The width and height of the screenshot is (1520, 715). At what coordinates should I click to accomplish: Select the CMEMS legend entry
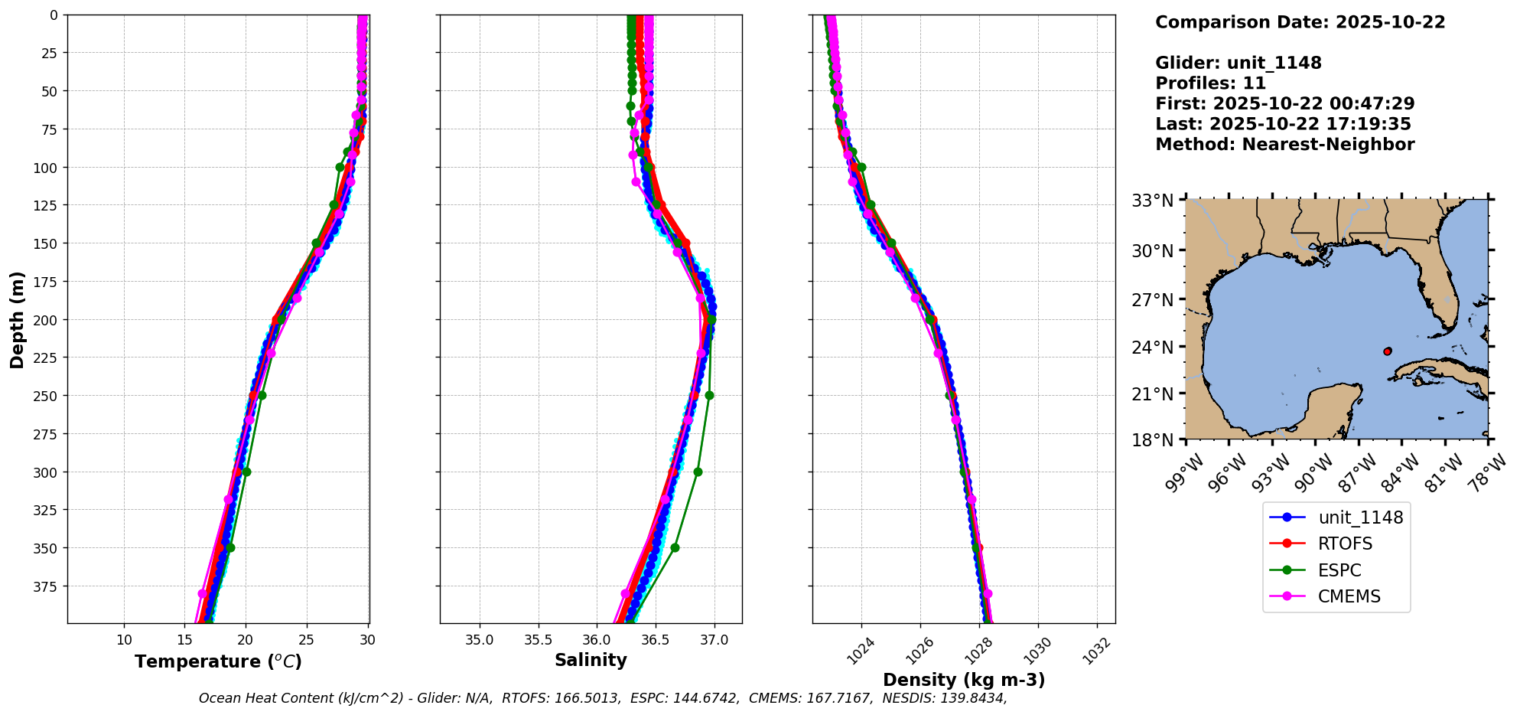pyautogui.click(x=1349, y=596)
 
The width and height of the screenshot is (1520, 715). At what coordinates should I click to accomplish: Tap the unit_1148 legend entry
pyautogui.click(x=1360, y=517)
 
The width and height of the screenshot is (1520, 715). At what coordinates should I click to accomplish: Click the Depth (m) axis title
pyautogui.click(x=17, y=319)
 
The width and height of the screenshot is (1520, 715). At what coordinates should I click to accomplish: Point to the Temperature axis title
pyautogui.click(x=218, y=661)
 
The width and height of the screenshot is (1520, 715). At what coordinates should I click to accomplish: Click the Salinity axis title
pyautogui.click(x=591, y=660)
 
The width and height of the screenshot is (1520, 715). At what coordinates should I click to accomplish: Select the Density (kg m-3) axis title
pyautogui.click(x=964, y=680)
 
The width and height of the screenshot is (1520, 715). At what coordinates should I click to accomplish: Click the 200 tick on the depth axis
pyautogui.click(x=47, y=319)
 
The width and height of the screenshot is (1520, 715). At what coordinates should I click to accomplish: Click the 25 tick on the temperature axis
pyautogui.click(x=306, y=639)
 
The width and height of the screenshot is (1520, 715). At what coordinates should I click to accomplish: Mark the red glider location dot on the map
pyautogui.click(x=1388, y=351)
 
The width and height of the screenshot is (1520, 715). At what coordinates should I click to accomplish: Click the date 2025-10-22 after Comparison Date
pyautogui.click(x=1390, y=22)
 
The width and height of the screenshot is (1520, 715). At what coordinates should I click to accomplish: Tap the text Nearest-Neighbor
pyautogui.click(x=1328, y=145)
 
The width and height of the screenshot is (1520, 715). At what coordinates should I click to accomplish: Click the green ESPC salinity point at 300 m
pyautogui.click(x=698, y=472)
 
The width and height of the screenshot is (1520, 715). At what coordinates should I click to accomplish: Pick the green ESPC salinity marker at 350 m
pyautogui.click(x=675, y=547)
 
